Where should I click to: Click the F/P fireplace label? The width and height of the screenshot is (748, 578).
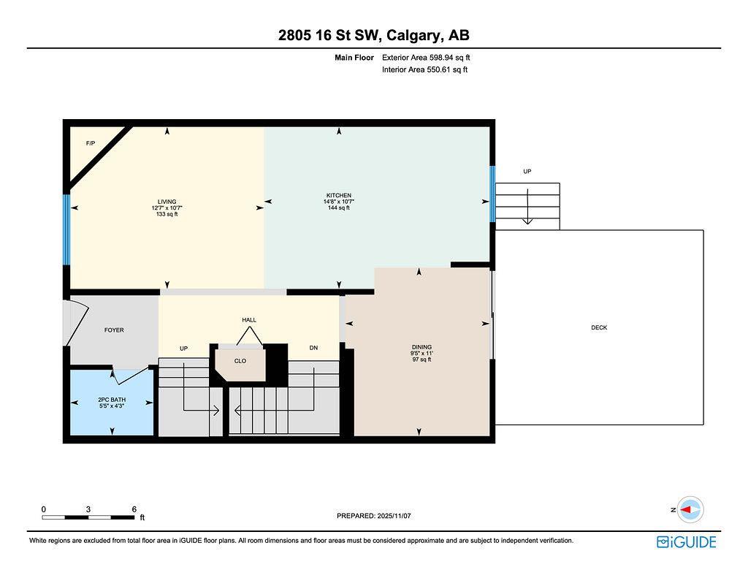pos(91,143)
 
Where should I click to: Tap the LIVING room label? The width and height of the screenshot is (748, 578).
pos(167,202)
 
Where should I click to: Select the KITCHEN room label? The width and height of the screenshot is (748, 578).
pos(338,196)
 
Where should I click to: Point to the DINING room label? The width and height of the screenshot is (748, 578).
pos(421,347)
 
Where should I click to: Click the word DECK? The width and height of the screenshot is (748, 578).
pos(599,328)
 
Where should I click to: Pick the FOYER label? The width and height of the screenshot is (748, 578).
pos(114,330)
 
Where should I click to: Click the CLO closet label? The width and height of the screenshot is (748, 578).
pos(240,361)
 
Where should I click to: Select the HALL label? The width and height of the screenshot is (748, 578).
pos(249,320)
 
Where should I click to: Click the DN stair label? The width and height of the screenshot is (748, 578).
pos(313,349)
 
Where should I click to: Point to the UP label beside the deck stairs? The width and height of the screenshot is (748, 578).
pos(527,172)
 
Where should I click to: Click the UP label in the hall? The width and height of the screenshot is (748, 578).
pos(184,349)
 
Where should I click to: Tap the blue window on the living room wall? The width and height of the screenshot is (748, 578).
pos(66,229)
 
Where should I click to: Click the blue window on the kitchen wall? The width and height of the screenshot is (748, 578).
pos(492,194)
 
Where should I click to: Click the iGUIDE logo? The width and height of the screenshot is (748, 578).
pos(686,541)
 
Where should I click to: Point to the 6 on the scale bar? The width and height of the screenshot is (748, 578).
pos(134,509)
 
